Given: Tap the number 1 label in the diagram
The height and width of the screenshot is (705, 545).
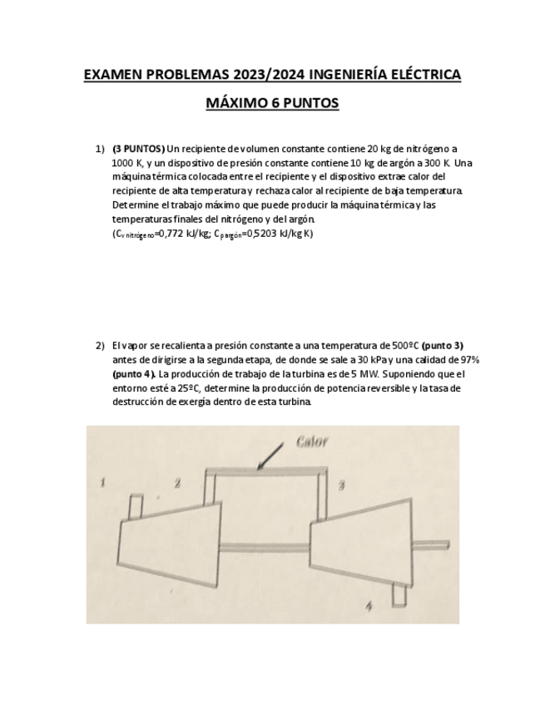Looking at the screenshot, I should (x=102, y=481).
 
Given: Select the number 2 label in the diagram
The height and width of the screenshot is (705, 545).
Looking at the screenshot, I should (x=177, y=482).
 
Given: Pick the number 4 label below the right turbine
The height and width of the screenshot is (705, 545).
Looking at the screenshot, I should (x=369, y=607).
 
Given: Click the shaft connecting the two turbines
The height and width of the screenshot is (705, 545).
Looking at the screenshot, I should (x=265, y=547).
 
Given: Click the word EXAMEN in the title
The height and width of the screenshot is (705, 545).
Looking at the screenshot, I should (x=113, y=76).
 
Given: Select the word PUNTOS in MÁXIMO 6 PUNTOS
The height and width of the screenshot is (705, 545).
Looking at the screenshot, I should (x=309, y=104).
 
